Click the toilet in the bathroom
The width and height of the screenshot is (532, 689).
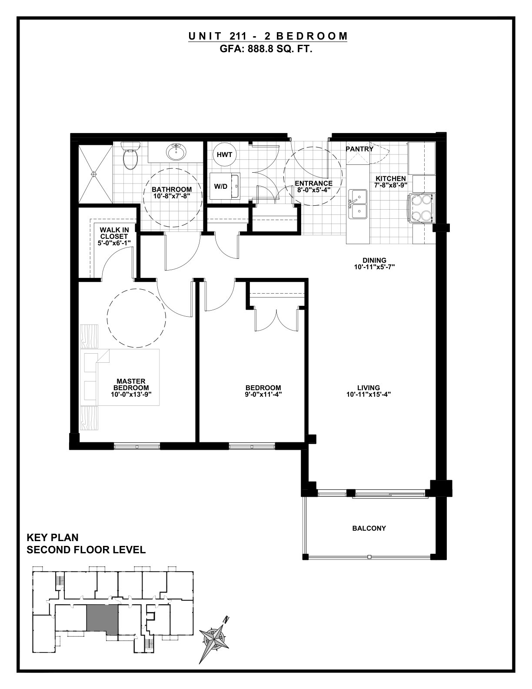[130, 156]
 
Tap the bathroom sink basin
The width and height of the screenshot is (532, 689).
[176, 153]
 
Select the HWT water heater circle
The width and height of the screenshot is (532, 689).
[224, 155]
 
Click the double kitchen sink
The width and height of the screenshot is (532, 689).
[358, 204]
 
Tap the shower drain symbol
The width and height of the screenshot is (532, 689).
[94, 174]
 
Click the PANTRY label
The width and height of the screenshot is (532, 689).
[359, 149]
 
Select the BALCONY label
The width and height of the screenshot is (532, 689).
[369, 528]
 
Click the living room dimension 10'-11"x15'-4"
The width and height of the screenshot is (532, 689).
[369, 395]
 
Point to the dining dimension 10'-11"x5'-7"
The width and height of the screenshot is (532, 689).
[374, 267]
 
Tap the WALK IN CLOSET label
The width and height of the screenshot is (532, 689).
[114, 233]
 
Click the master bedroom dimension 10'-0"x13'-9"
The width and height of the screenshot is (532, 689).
[131, 395]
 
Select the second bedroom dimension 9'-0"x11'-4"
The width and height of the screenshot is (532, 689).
[263, 395]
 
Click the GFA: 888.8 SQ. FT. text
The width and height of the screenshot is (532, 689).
[266, 49]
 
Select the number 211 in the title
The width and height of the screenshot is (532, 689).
[235, 36]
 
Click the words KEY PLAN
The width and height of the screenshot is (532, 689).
[53, 538]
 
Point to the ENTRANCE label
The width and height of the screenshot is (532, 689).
[313, 183]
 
